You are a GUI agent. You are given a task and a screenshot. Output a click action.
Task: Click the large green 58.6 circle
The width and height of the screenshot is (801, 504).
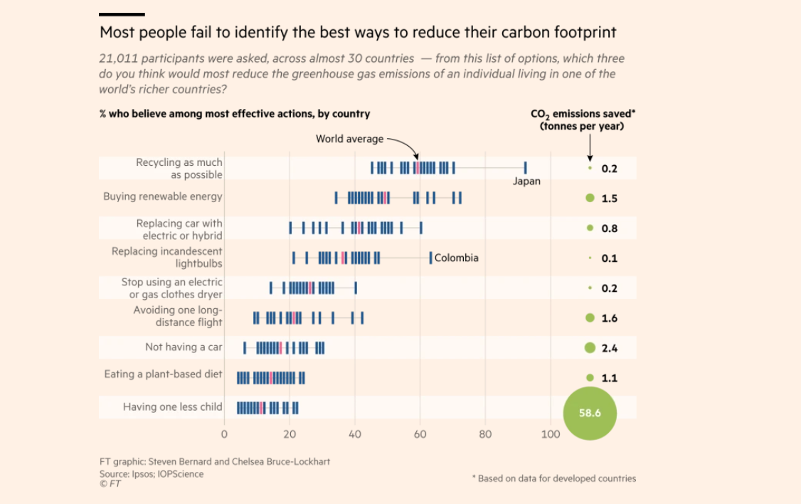click(590, 412)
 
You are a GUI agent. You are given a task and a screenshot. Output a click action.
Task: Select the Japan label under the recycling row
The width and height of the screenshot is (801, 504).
click(526, 182)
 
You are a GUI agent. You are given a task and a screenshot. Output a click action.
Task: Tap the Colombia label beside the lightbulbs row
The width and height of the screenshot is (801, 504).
click(456, 258)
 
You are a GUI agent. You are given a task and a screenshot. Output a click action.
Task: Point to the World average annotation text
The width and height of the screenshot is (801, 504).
click(349, 139)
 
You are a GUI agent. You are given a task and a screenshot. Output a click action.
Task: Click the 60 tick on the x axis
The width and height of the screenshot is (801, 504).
click(420, 434)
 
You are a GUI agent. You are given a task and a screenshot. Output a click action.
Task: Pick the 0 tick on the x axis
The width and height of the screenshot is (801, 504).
click(224, 434)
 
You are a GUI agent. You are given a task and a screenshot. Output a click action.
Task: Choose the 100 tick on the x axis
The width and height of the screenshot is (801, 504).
click(551, 434)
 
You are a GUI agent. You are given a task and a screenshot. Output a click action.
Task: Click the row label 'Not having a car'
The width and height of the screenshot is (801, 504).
click(184, 347)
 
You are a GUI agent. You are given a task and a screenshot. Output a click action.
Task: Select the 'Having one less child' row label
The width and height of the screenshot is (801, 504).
click(173, 407)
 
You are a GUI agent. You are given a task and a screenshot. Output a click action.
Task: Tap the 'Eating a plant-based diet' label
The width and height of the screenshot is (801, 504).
click(163, 374)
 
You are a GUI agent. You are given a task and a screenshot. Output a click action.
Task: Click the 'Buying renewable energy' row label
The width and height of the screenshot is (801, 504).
click(163, 196)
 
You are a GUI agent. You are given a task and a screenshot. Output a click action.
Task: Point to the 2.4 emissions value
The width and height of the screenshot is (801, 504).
click(609, 348)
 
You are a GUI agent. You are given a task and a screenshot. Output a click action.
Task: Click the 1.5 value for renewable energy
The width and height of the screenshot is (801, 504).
click(609, 199)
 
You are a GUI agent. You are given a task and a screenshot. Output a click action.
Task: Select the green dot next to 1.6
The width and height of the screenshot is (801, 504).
click(590, 318)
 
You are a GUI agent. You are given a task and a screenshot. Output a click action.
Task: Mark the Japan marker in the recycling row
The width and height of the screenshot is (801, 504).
click(525, 168)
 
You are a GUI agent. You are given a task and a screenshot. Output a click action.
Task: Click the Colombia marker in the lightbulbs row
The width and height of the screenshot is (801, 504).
click(430, 258)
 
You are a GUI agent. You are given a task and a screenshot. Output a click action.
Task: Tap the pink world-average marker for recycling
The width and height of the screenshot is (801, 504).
click(418, 168)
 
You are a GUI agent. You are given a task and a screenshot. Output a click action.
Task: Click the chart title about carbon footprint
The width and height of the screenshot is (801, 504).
click(358, 33)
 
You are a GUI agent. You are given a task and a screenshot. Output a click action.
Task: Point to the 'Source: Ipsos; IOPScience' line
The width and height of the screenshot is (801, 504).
click(152, 474)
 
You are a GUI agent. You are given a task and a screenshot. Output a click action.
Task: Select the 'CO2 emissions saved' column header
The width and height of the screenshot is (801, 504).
click(583, 120)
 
